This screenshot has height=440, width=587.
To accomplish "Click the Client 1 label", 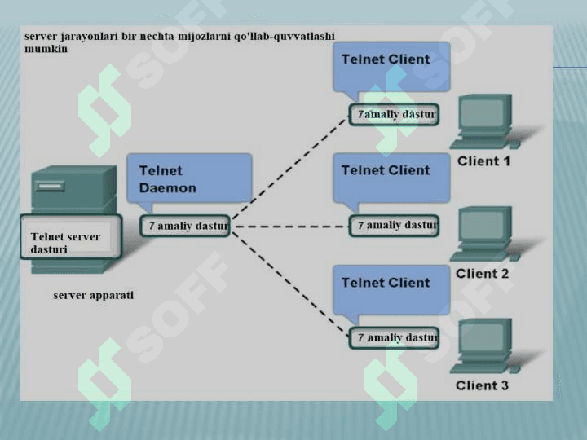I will click(x=483, y=161).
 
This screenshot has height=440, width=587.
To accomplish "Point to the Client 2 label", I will click(x=483, y=274).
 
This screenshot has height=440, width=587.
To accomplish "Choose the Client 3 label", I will click(x=483, y=385).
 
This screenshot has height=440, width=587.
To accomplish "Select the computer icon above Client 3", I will click(x=487, y=345).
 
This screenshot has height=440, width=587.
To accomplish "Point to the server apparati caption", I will click(x=94, y=295).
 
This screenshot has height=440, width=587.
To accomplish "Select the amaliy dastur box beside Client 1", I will click(x=394, y=115).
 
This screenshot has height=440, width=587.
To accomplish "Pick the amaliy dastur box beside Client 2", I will click(x=394, y=225).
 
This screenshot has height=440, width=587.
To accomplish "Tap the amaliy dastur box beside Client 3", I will click(x=394, y=337).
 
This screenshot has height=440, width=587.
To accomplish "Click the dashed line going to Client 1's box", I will click(x=289, y=171).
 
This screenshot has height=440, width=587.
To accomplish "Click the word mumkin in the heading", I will click(x=46, y=49).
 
